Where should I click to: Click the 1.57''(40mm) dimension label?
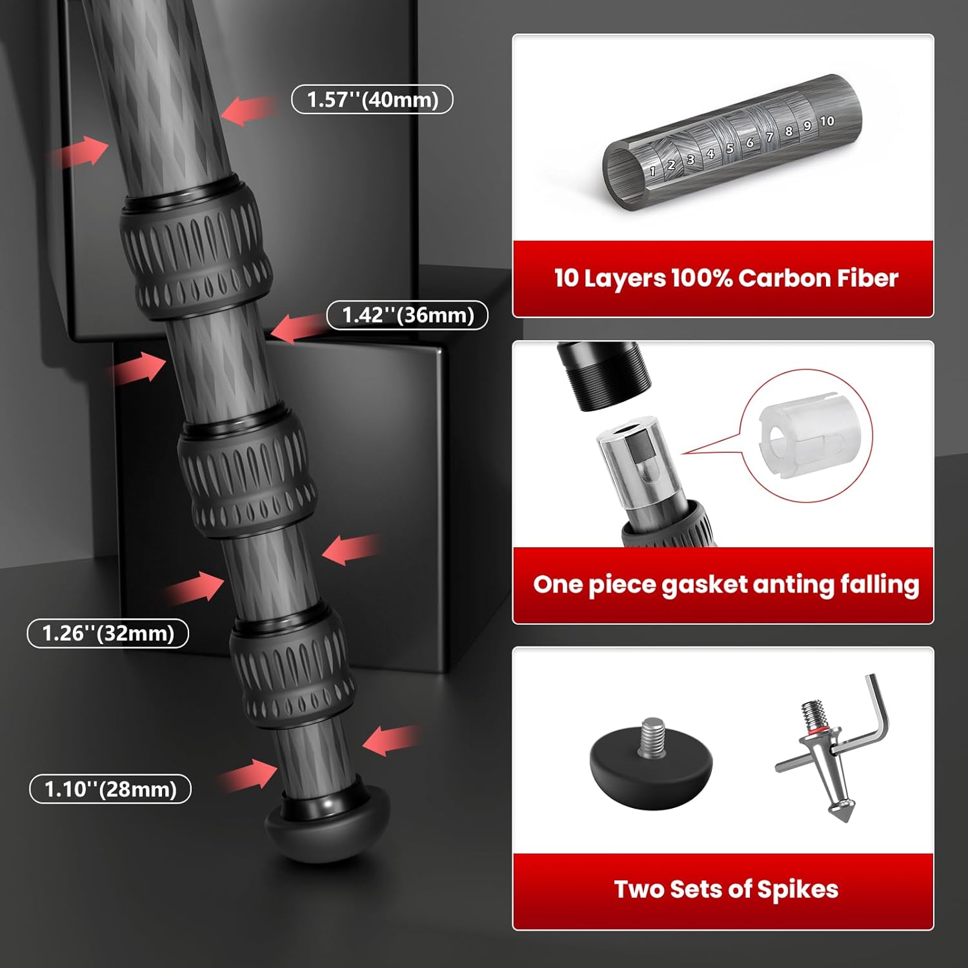(372, 99)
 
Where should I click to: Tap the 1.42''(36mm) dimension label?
(407, 315)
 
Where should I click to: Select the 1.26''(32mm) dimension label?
(108, 633)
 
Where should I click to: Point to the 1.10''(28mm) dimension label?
(110, 789)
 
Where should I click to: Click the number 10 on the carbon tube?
(827, 121)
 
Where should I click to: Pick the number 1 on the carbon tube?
(652, 171)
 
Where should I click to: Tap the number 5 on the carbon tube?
(730, 148)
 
